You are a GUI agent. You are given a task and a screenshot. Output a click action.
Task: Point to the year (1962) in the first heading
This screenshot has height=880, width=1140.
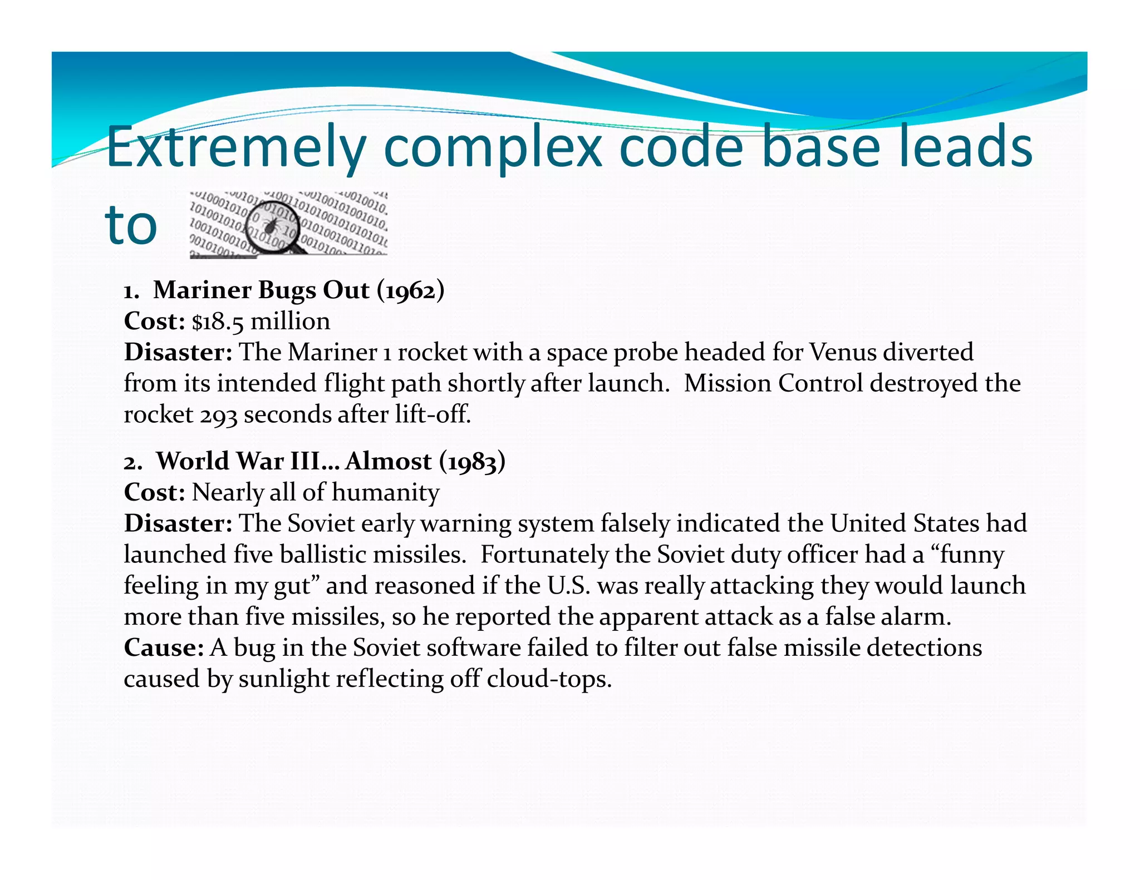[410, 290]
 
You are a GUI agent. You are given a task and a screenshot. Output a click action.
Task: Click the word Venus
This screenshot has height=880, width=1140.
[843, 352]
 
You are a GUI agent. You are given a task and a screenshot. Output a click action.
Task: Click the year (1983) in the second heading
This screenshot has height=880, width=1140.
[472, 461]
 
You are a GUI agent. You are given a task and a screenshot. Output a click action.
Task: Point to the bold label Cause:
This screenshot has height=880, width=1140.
[164, 647]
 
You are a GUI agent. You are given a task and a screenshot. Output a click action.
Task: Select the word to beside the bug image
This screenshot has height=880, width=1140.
[131, 225]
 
